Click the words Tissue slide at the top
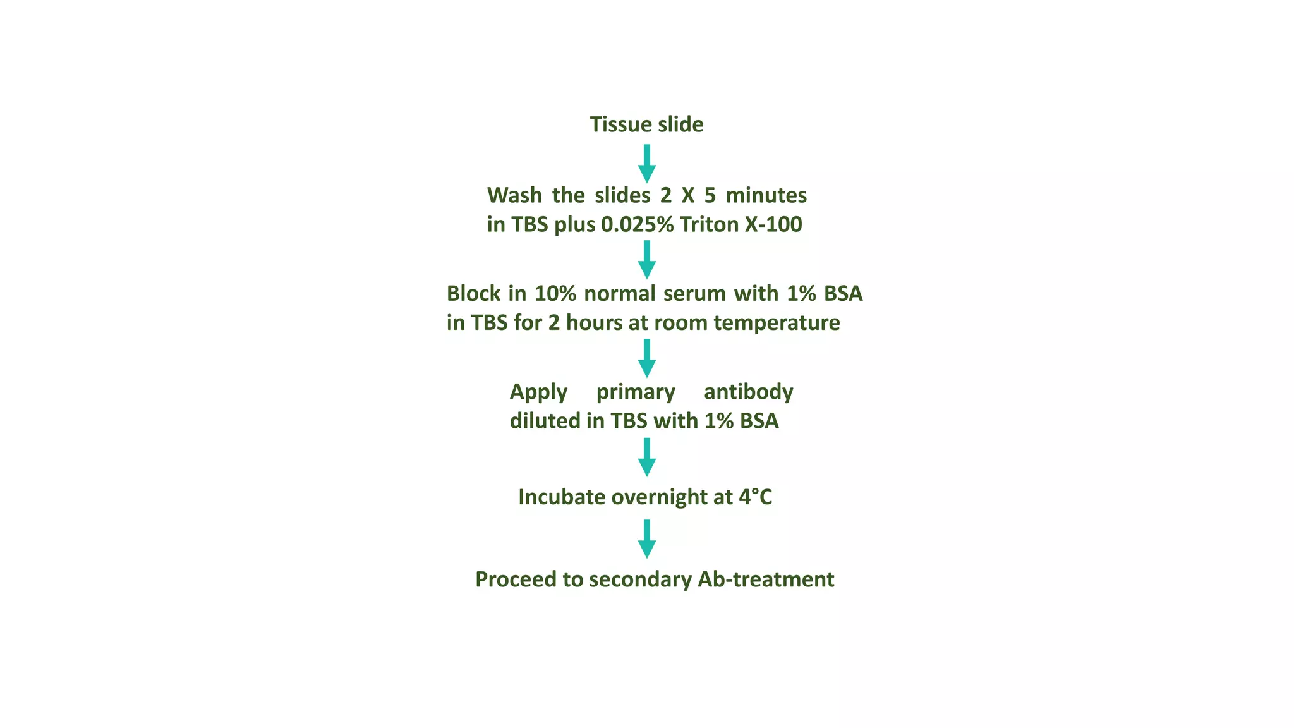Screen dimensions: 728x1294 [646, 124]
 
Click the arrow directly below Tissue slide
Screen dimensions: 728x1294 [646, 164]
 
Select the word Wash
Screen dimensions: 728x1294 [514, 195]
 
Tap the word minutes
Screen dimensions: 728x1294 [766, 195]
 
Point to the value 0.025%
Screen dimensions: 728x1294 [637, 224]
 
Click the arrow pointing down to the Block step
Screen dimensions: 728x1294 [646, 260]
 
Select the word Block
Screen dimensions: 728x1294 [473, 294]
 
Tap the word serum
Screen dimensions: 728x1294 [694, 294]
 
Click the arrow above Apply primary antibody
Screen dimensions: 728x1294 [646, 358]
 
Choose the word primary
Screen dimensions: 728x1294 [636, 392]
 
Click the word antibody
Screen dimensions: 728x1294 [748, 392]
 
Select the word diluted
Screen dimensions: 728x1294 [545, 421]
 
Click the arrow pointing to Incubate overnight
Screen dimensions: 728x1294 [646, 457]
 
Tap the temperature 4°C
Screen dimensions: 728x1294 [755, 497]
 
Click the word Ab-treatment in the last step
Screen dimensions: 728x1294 [766, 579]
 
